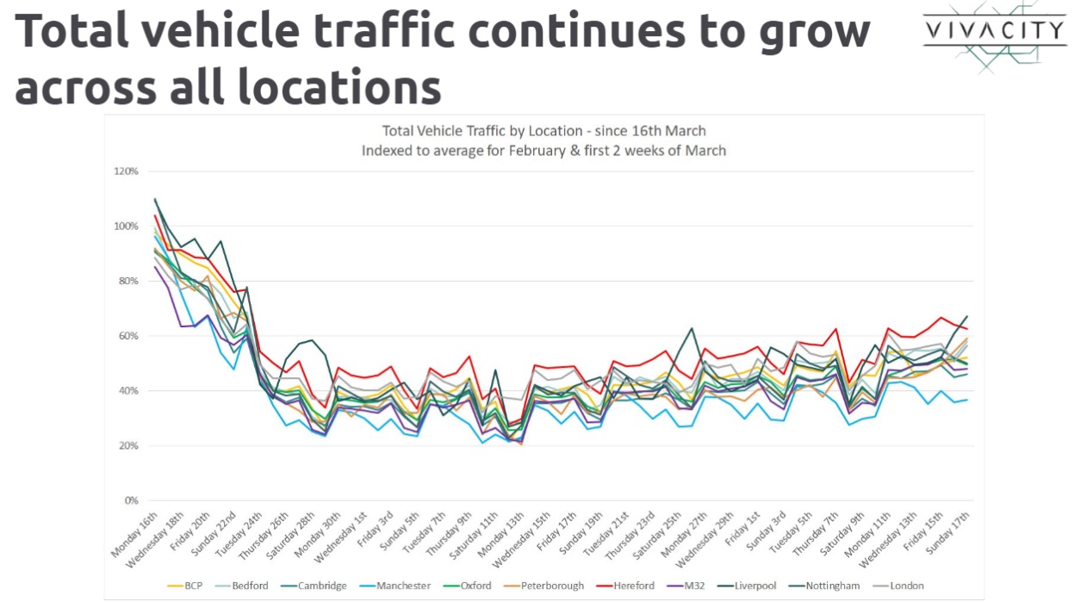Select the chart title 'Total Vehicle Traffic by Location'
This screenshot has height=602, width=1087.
pyautogui.click(x=543, y=131)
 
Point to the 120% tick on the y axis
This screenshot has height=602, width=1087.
pyautogui.click(x=126, y=171)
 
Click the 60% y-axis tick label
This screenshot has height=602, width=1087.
pyautogui.click(x=127, y=336)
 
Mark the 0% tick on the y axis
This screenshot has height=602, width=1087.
pyautogui.click(x=130, y=500)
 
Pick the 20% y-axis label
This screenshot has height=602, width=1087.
pyautogui.click(x=127, y=445)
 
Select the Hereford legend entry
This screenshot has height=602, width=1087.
pyautogui.click(x=633, y=586)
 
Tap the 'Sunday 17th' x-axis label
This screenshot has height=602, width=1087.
pyautogui.click(x=951, y=534)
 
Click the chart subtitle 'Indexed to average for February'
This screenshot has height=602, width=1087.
pyautogui.click(x=543, y=151)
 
